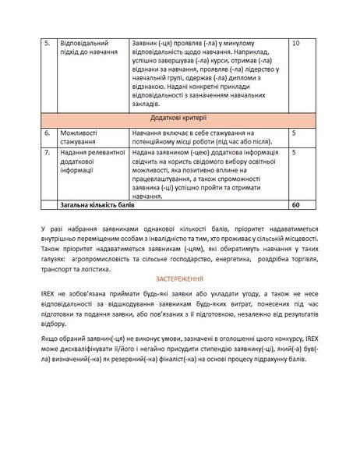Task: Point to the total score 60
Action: [x=295, y=205]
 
